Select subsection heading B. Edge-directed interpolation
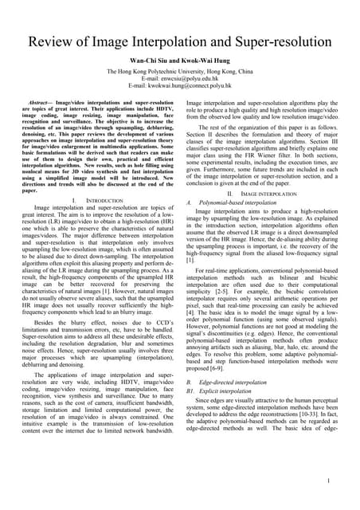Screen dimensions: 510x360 pos(233,382)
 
